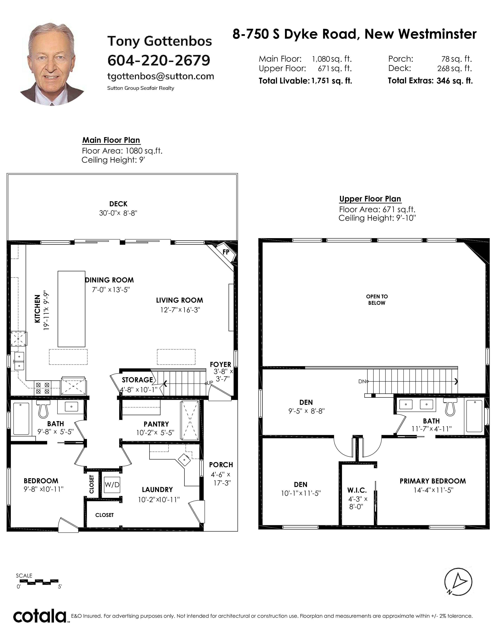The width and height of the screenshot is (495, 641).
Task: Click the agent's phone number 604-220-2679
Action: click(x=159, y=60)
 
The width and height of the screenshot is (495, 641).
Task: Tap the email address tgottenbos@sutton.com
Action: click(x=161, y=76)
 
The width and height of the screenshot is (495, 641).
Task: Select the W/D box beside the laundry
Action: click(x=112, y=485)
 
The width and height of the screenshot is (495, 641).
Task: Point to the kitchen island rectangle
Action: click(x=72, y=309)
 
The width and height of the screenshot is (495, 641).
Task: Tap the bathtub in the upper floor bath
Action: click(x=474, y=416)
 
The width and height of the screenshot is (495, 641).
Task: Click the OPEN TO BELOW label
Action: click(x=377, y=300)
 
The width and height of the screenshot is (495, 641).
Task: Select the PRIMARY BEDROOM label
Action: click(x=432, y=481)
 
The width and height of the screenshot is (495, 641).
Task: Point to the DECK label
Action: click(x=118, y=204)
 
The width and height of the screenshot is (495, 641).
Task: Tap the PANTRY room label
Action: click(x=156, y=424)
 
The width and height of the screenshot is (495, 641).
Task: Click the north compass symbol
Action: click(x=458, y=582)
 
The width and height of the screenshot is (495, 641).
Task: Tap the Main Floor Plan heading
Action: click(x=111, y=140)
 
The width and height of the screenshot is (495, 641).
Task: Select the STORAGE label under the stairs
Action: click(x=137, y=380)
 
